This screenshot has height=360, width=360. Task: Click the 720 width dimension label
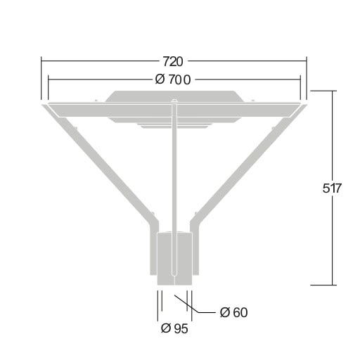pos(173,62)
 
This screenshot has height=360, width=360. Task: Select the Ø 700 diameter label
pos(173,79)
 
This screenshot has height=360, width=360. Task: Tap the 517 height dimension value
pos(332,188)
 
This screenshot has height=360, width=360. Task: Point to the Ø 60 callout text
pos(233,312)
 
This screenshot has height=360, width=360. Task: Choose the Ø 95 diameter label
pos(174,328)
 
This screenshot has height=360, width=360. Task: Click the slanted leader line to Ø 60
pos(187,304)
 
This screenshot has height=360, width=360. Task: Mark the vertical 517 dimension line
pos(333,188)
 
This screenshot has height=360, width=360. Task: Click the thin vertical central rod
pos(174,188)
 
